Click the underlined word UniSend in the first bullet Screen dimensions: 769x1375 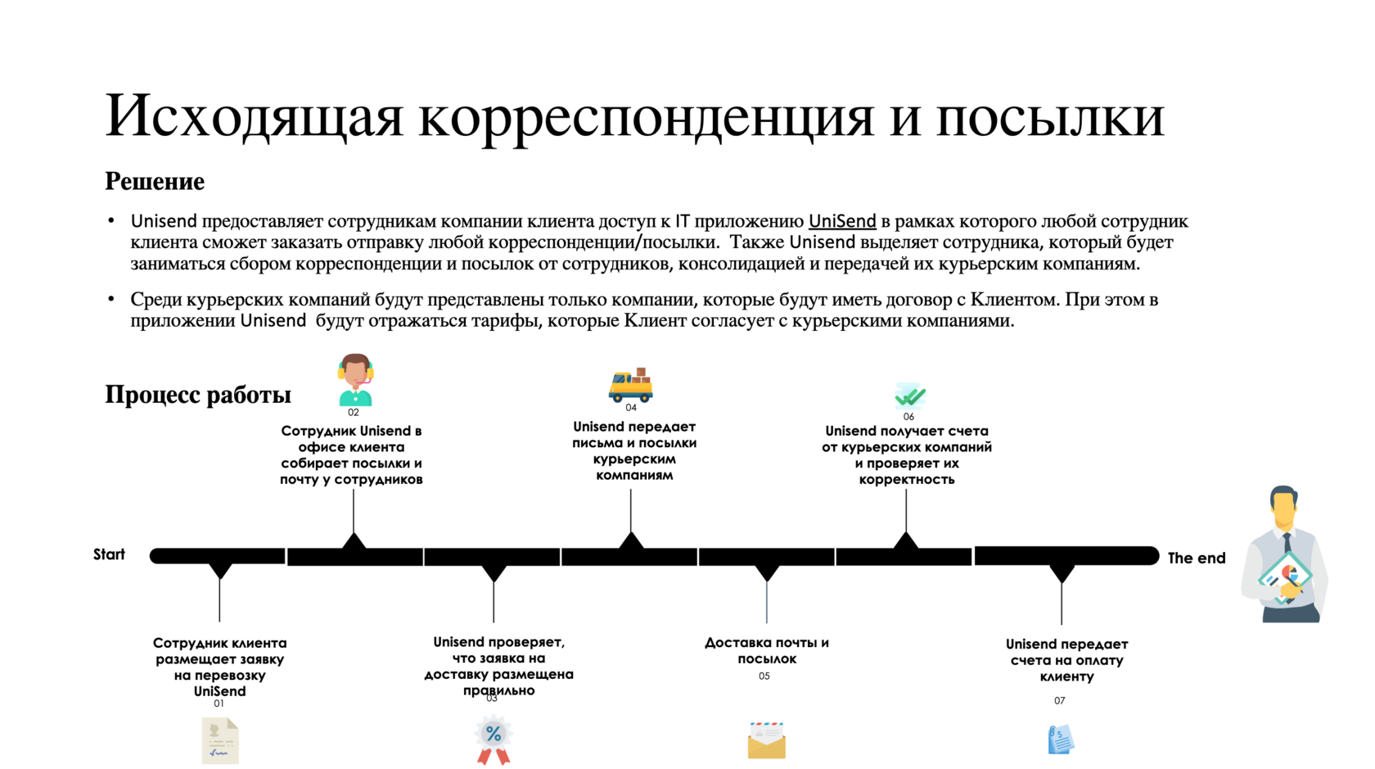tap(842, 221)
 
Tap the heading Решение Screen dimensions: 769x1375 tap(155, 181)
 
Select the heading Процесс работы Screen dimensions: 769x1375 tap(198, 395)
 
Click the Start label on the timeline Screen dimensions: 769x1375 tap(109, 554)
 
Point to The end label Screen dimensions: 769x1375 tap(1196, 558)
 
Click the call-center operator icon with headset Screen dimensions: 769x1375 tap(355, 379)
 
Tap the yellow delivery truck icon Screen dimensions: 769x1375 tap(630, 385)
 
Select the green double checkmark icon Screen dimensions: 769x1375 tap(909, 396)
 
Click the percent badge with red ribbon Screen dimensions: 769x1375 tap(494, 740)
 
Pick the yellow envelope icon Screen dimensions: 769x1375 tap(766, 740)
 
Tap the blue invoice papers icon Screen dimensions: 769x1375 tap(1061, 739)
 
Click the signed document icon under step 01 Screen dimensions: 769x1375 tap(220, 740)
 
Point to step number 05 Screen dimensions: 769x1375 tap(764, 676)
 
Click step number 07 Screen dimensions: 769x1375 tap(1060, 701)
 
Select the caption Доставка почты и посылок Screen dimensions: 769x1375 tap(766, 650)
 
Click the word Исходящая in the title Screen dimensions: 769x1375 tap(255, 115)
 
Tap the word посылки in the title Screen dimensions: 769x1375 tap(1050, 115)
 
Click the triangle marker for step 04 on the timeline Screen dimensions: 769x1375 tap(631, 541)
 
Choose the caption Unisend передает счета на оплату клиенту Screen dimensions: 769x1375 tap(1066, 660)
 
